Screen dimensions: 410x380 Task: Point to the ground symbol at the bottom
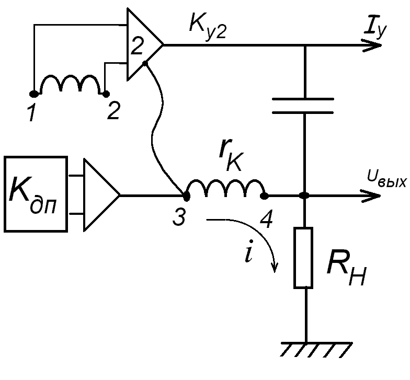point(316,349)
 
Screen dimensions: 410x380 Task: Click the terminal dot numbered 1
point(33,93)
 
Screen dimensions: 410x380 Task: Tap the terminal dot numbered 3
point(186,197)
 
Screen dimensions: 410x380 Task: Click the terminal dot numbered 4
point(265,195)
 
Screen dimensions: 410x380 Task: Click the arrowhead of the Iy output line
point(372,45)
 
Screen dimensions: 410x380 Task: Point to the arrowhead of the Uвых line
point(371,195)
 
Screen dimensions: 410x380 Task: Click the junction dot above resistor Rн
point(304,195)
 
